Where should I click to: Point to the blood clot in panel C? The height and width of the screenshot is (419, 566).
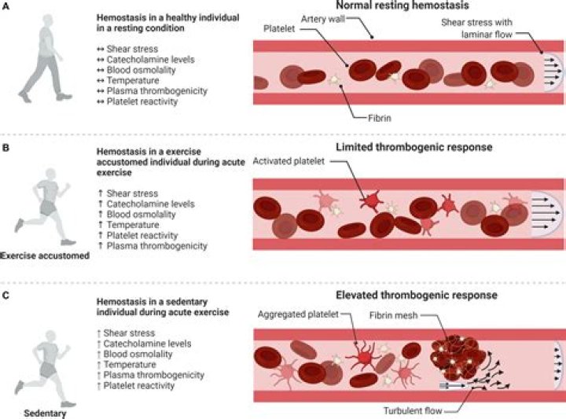pos(454,355)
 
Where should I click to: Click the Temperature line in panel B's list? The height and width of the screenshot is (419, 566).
pos(130,226)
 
